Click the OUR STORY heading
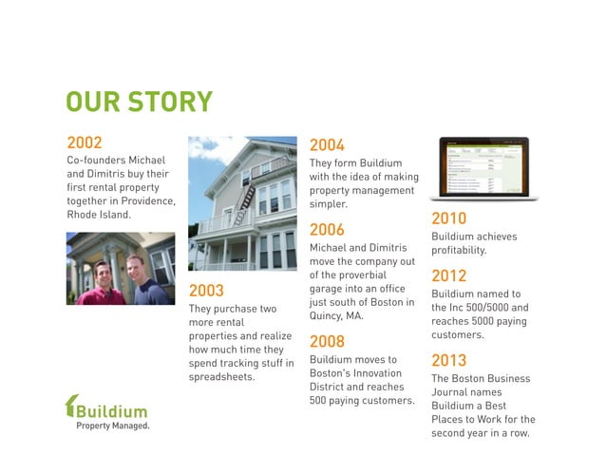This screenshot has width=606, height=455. [139, 103]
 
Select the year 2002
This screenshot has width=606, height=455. [84, 142]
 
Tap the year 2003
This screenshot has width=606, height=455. [206, 291]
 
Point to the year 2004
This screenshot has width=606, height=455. [327, 145]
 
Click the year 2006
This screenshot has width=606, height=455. [327, 230]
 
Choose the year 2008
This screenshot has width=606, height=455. [327, 341]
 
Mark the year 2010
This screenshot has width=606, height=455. [448, 218]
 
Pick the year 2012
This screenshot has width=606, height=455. [448, 276]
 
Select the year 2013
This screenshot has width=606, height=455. [448, 360]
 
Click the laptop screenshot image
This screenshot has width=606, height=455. [483, 167]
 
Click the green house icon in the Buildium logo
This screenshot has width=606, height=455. [70, 406]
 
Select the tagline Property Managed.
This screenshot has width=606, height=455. [112, 427]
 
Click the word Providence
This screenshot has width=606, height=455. [145, 200]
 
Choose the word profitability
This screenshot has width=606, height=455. [459, 251]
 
